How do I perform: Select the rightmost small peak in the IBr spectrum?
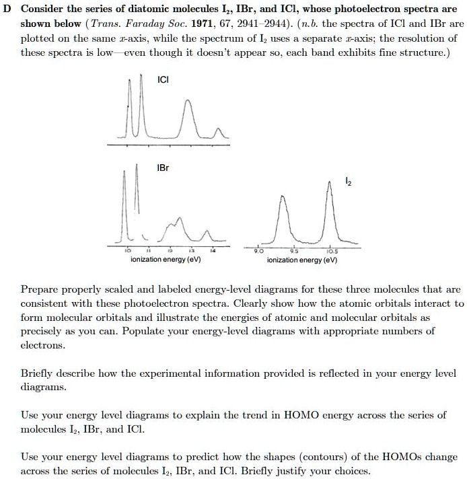pos(205,230)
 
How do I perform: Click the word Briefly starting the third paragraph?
pos(38,373)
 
